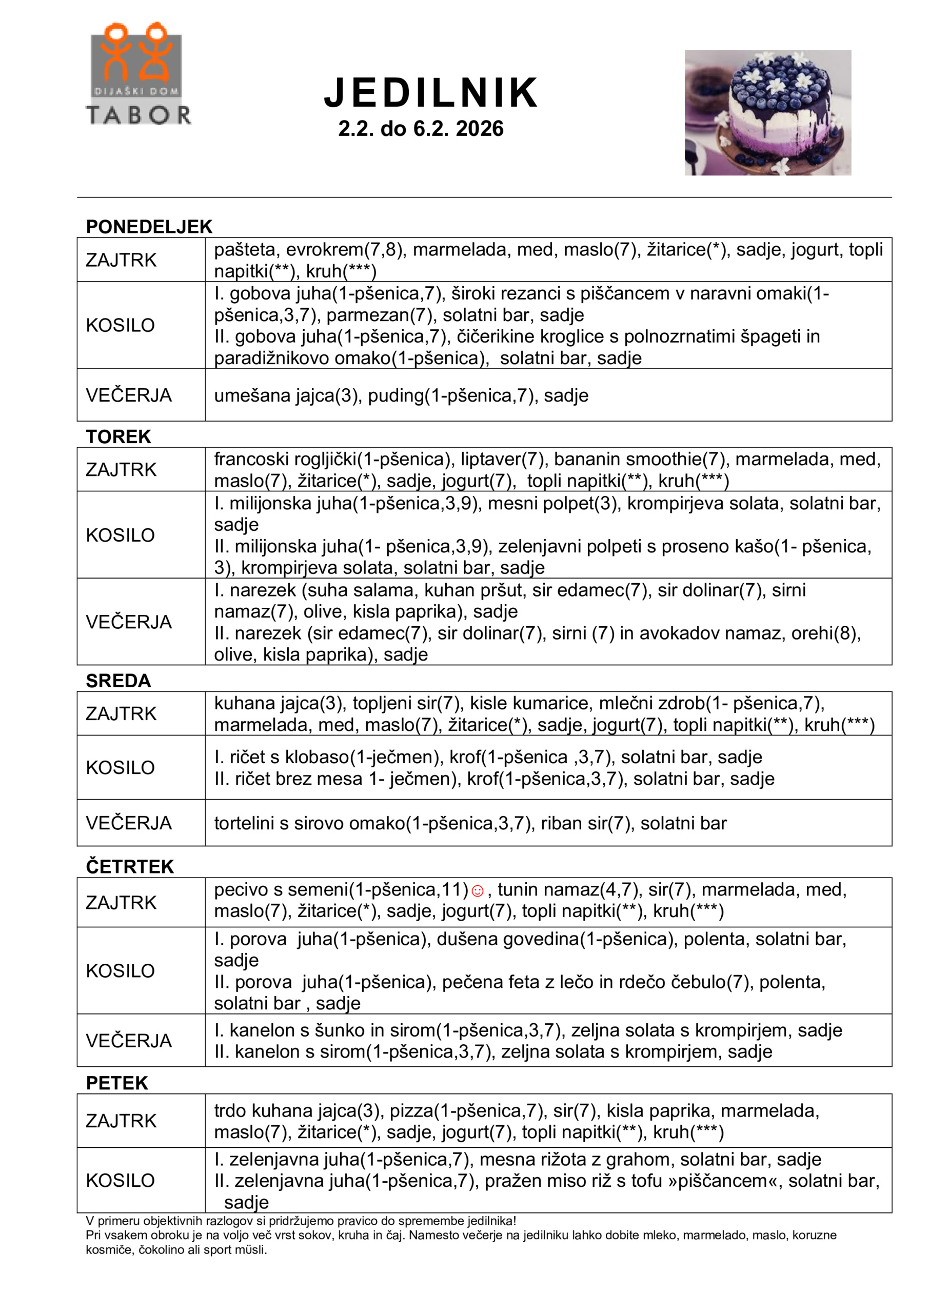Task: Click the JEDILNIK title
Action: (x=431, y=93)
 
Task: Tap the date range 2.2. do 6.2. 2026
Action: (x=421, y=129)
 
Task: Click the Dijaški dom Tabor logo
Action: (x=138, y=74)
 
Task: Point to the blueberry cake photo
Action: (x=768, y=113)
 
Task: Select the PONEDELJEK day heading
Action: (x=149, y=227)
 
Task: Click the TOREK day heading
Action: (x=118, y=436)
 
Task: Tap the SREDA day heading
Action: (x=118, y=681)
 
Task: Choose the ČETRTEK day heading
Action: (x=130, y=866)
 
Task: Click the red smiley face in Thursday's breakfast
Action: (x=477, y=891)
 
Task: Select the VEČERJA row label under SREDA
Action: (x=129, y=823)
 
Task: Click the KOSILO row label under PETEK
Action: (x=120, y=1180)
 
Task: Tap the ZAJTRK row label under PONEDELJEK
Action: (x=121, y=260)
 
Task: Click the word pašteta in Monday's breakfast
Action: (x=245, y=250)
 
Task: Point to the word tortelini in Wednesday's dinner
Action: (x=244, y=823)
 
